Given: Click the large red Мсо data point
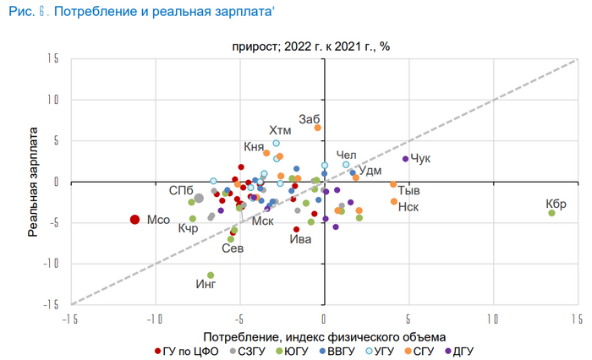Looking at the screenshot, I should click(x=134, y=220).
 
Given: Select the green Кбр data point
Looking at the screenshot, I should click(x=551, y=213).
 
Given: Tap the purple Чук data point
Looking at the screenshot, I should click(x=405, y=159).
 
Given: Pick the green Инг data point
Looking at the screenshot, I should click(x=211, y=275).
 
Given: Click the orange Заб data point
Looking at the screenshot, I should click(x=318, y=128).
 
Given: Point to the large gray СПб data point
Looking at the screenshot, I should click(x=199, y=199).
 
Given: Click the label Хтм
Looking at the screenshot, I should click(x=280, y=130).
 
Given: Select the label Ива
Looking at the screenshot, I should click(x=300, y=239).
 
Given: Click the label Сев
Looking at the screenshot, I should click(x=233, y=248).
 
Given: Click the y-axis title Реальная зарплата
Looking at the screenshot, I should click(x=34, y=182).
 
